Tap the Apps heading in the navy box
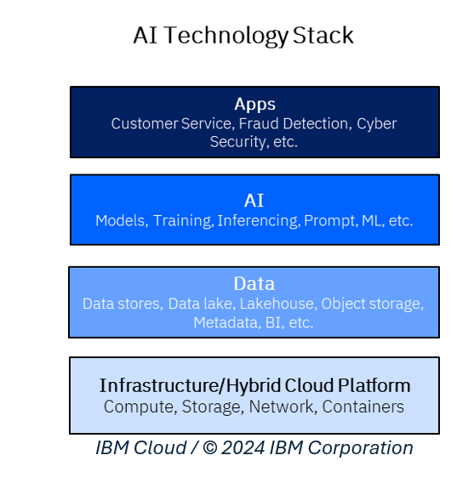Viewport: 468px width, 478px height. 254,104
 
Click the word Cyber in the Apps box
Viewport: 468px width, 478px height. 376,123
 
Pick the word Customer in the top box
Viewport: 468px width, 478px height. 141,123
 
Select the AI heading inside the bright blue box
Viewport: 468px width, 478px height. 254,201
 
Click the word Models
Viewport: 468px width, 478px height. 120,220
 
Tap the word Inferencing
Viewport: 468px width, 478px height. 258,220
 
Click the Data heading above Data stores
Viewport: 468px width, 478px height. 254,284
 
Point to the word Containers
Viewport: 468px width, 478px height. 362,407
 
